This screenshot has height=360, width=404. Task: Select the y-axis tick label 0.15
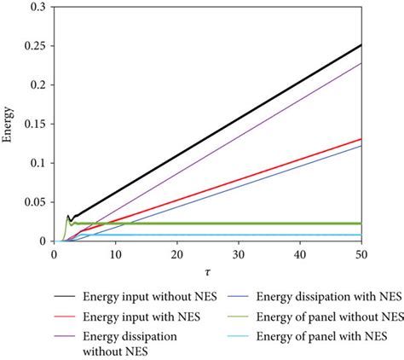coord(35,124)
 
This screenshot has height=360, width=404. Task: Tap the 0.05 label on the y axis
coord(35,202)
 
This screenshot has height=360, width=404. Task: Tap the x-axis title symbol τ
coord(207,271)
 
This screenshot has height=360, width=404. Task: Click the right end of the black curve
coord(360,44)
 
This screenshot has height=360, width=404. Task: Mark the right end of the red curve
coord(360,139)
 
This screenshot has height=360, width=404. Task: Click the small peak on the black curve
coord(68,217)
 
